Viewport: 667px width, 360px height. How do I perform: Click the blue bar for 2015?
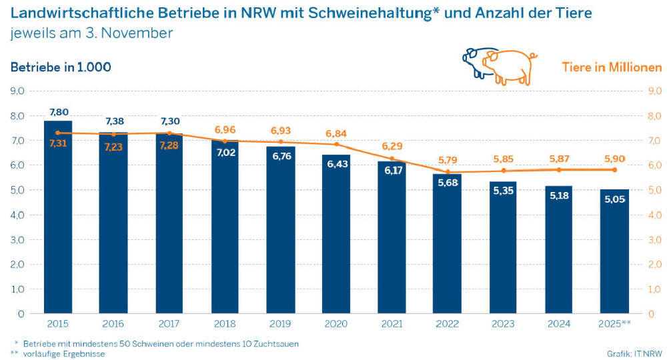tap(58, 220)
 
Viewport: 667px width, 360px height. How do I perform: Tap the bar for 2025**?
tap(614, 253)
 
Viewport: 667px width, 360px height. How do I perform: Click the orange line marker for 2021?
tap(392, 159)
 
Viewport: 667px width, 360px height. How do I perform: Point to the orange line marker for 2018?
tap(225, 141)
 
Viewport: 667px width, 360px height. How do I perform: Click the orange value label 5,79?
tap(448, 160)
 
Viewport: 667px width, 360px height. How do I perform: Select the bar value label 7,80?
tap(58, 112)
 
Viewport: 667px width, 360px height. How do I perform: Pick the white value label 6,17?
tap(392, 171)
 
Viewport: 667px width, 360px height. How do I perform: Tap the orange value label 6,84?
tap(336, 133)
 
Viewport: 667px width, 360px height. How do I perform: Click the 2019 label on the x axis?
tap(281, 323)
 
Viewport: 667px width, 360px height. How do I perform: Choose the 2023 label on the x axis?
tap(503, 323)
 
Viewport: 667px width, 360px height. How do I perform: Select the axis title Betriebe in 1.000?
tap(60, 67)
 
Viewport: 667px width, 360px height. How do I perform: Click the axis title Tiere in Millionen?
tap(612, 67)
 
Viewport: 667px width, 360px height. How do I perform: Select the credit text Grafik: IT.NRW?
tap(634, 353)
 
